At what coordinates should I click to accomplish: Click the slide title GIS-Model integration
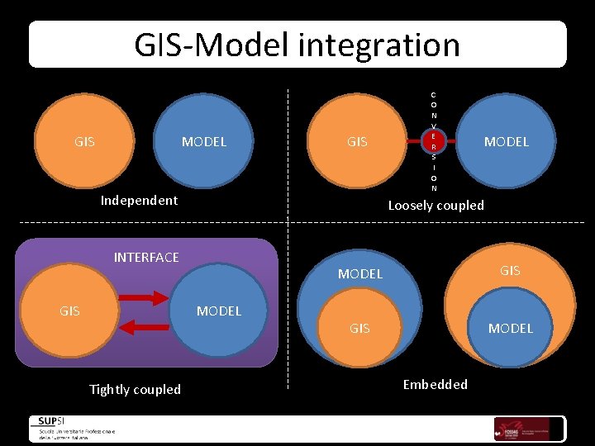point(297,45)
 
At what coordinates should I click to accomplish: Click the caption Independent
point(139,200)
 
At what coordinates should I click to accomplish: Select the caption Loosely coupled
point(436,205)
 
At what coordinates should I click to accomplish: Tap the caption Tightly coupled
point(135,389)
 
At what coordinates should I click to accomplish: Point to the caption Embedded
point(435,384)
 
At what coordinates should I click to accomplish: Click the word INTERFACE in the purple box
point(146,257)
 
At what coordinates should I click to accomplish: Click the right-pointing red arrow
point(146,297)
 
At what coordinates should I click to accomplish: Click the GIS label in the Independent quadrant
point(84,141)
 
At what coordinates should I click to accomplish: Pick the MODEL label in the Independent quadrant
point(204,141)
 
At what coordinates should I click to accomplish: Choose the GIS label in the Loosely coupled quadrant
point(357,141)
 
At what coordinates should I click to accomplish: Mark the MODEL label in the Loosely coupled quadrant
point(507,141)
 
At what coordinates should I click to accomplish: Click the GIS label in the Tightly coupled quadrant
point(69,311)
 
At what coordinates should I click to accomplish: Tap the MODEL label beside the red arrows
point(219,311)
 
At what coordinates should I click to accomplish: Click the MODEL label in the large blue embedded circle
point(360,273)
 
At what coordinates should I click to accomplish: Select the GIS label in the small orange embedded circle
point(359,328)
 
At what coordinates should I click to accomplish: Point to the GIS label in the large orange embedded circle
point(510,270)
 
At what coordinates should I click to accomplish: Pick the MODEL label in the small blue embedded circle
point(511,328)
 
